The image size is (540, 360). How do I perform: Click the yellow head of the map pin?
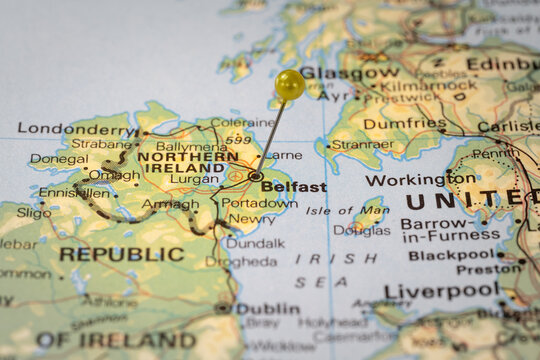(290, 84)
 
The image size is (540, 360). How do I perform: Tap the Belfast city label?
(294, 187)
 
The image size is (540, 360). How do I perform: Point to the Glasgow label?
(350, 73)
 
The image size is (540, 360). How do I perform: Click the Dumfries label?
(404, 124)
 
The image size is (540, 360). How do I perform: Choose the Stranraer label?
(361, 144)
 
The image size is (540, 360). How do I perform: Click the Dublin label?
(268, 308)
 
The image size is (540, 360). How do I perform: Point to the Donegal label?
(58, 158)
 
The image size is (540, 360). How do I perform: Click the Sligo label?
(33, 212)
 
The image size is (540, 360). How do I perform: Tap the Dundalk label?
(255, 243)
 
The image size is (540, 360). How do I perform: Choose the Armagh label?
(170, 204)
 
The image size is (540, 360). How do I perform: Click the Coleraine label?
(242, 123)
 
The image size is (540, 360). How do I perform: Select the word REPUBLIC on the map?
(121, 254)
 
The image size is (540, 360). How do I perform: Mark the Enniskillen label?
(73, 192)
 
